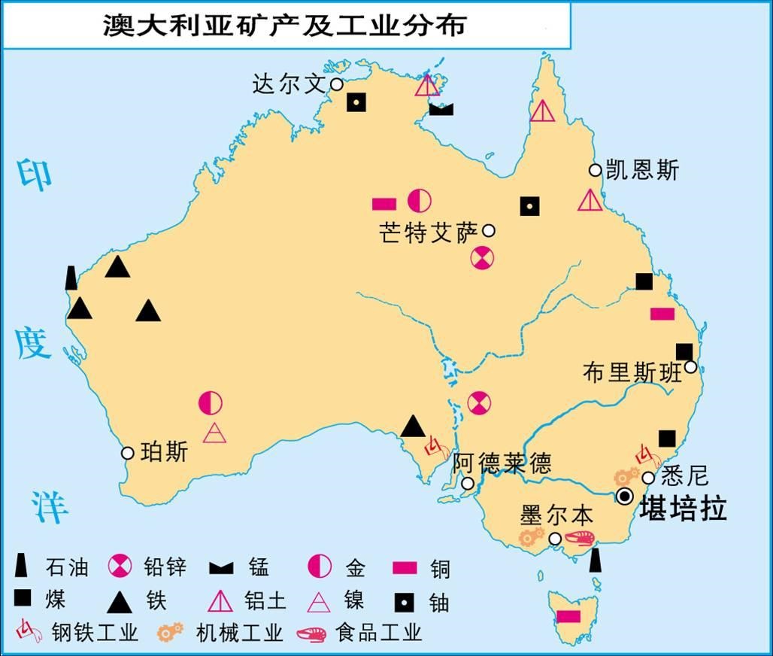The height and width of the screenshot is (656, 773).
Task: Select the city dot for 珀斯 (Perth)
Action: [x=128, y=453]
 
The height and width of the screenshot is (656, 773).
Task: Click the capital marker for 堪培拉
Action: [x=624, y=495]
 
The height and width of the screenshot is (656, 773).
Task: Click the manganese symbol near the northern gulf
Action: [x=441, y=109]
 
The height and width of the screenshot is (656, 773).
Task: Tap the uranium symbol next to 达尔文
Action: [x=356, y=102]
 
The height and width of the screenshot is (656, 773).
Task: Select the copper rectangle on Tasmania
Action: [x=568, y=616]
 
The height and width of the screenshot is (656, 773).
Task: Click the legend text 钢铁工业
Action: [x=95, y=632]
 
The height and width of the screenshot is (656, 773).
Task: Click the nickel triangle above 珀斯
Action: [x=214, y=433]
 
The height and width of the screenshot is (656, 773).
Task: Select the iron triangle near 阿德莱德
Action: [x=412, y=427]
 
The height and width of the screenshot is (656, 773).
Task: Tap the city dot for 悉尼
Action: [x=649, y=478]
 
